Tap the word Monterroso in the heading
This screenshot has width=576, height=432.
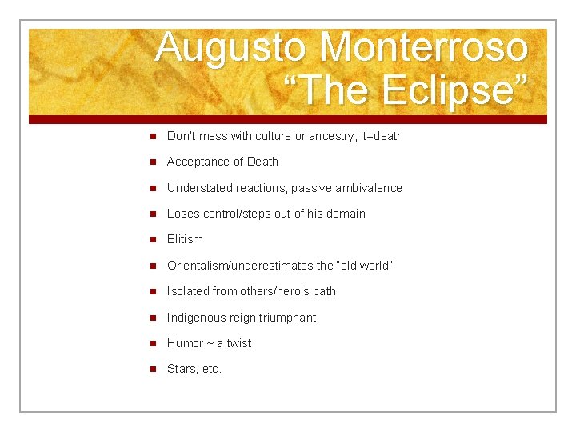423,47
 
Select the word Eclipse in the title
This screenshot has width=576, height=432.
453,90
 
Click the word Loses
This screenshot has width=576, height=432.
182,214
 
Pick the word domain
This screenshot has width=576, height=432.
346,214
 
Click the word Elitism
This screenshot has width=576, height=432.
185,239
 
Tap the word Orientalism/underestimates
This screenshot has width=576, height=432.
241,266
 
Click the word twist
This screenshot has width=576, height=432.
238,343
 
